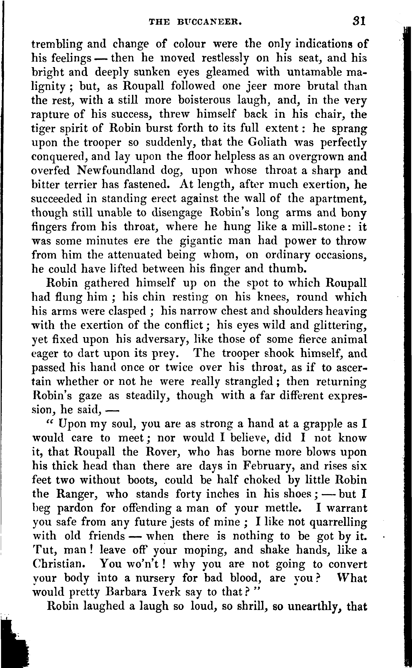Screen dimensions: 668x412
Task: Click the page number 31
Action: (x=359, y=21)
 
